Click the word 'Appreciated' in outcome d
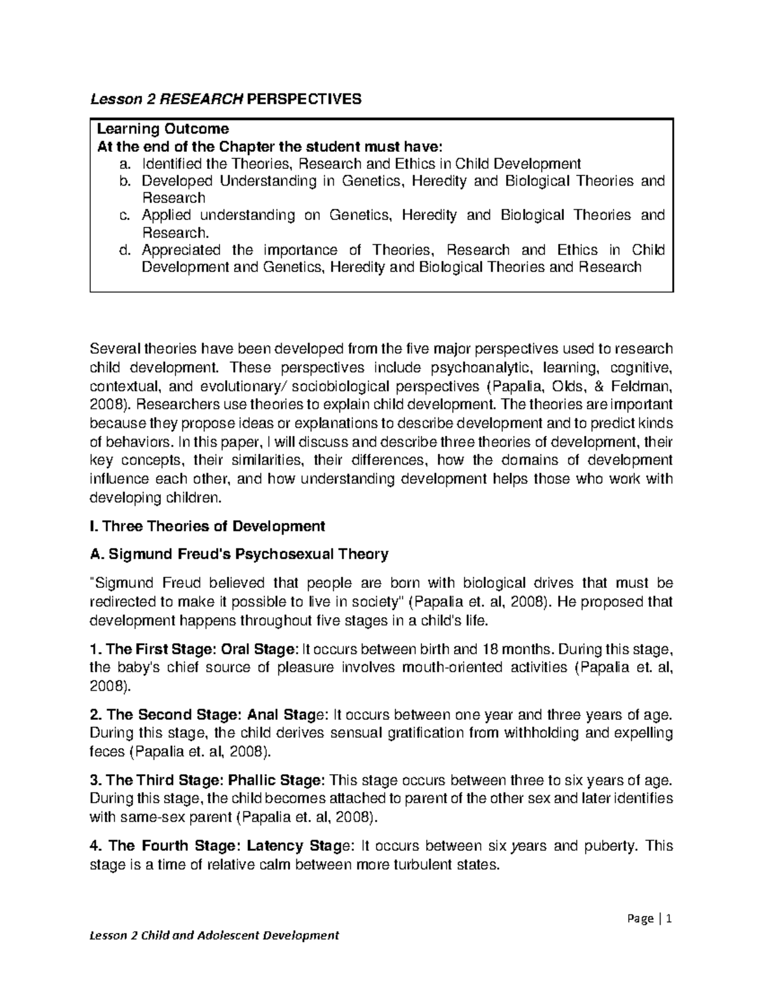coord(181,250)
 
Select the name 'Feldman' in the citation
coord(639,386)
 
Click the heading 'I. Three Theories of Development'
coord(208,526)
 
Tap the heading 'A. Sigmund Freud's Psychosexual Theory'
coord(239,554)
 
